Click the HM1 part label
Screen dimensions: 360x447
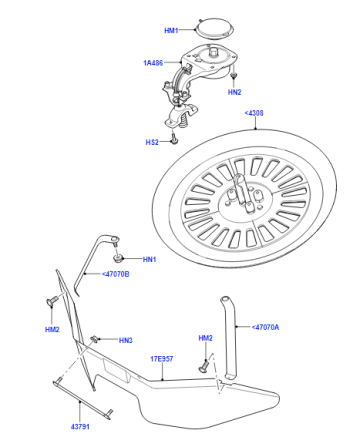171,30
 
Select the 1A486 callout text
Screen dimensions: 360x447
153,63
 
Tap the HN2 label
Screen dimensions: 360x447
235,92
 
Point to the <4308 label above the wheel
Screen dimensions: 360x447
254,113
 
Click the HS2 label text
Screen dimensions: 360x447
152,142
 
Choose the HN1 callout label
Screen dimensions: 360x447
149,259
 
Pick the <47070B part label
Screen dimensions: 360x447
115,274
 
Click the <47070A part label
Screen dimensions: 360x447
265,327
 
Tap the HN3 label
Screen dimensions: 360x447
126,340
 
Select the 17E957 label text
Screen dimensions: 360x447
162,359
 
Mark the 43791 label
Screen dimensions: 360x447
80,426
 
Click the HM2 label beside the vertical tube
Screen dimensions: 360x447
205,338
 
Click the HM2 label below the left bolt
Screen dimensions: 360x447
52,329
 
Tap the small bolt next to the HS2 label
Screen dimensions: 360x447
174,139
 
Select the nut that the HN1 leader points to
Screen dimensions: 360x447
118,258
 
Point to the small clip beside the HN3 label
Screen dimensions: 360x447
95,339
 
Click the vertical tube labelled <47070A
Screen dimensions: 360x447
230,337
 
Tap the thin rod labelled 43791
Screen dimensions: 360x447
82,399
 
